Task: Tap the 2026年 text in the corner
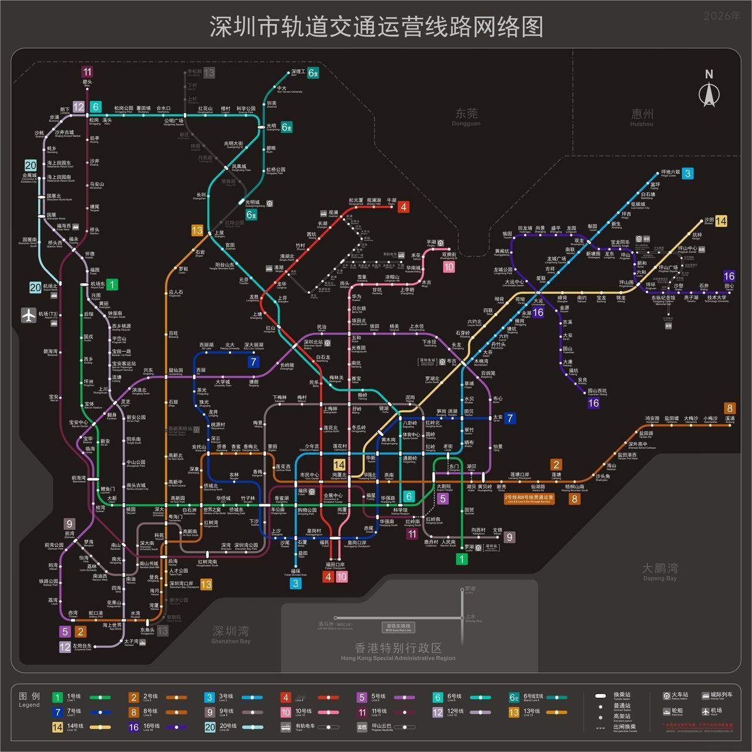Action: (722, 16)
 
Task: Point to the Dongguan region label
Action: (466, 115)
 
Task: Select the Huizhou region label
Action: (642, 116)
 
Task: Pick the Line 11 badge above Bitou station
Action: (88, 72)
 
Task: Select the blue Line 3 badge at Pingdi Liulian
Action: (687, 173)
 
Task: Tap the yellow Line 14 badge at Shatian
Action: (721, 221)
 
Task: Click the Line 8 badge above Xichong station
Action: (730, 408)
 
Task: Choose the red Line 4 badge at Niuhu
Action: (403, 207)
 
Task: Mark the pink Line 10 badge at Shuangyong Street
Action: (449, 267)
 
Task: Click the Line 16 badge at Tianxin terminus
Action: (729, 276)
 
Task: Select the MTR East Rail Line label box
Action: (398, 627)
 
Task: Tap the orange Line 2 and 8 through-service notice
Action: (529, 499)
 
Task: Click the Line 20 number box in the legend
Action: (210, 727)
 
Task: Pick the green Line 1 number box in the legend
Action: (58, 698)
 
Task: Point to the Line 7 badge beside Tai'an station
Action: (510, 418)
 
